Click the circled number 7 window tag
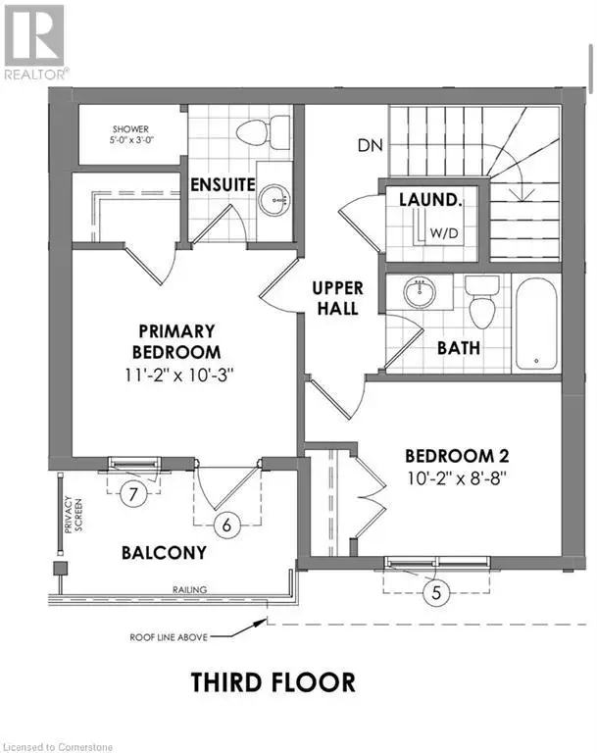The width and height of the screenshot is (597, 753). [133, 494]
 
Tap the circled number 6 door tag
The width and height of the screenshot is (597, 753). [226, 525]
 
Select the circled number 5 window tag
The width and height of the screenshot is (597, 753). [435, 592]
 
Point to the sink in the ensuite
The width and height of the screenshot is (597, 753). [274, 199]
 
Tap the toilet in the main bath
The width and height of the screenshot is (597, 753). [481, 303]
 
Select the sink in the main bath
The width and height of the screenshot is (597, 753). [420, 292]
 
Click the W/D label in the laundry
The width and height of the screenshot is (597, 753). [444, 233]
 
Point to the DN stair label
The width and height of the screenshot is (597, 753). [371, 145]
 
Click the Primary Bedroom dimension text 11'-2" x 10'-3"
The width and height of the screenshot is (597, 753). [178, 376]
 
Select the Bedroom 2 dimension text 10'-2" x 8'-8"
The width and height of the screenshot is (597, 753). [457, 478]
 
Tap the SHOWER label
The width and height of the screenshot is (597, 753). [130, 129]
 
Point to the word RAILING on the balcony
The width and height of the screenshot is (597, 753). [190, 589]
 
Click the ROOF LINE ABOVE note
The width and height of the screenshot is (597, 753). [169, 637]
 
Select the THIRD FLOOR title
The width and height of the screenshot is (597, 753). [274, 682]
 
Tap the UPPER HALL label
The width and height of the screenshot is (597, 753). [337, 298]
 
